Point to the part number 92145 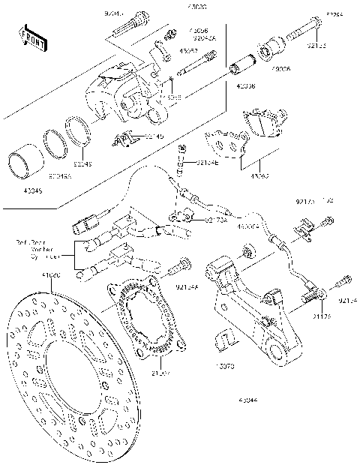click(x=153, y=136)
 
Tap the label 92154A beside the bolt click(x=187, y=286)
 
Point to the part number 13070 click(x=226, y=368)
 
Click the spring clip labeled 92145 click(x=127, y=137)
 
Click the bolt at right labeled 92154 click(x=343, y=283)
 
